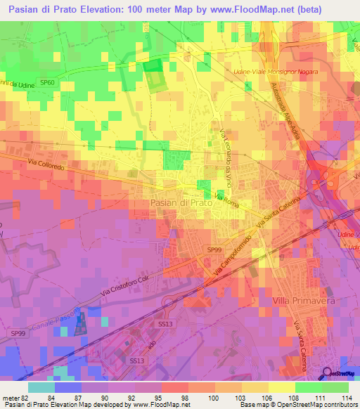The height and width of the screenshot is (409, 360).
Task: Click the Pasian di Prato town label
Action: (x=181, y=202)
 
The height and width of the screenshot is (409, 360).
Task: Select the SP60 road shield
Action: (x=48, y=83)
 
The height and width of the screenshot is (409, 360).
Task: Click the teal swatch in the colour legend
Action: (x=41, y=387)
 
